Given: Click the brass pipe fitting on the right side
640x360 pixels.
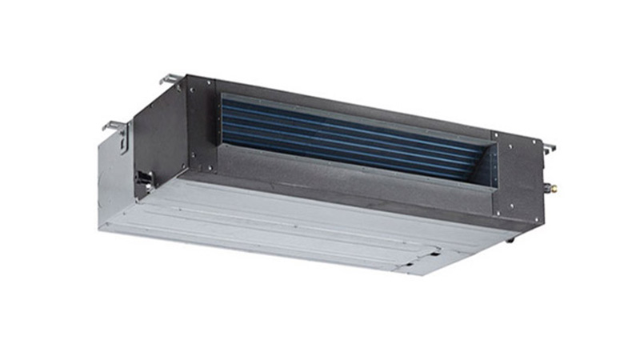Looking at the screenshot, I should (550, 189).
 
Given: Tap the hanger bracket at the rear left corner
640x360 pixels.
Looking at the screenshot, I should (170, 79).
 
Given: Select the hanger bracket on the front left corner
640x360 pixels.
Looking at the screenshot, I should (117, 129).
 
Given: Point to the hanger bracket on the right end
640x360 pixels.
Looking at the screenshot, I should (549, 149).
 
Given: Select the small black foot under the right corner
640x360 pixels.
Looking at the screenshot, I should (512, 238).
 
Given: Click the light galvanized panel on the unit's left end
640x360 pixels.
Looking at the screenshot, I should (112, 184).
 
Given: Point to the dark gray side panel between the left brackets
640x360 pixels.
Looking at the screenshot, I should (156, 128).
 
